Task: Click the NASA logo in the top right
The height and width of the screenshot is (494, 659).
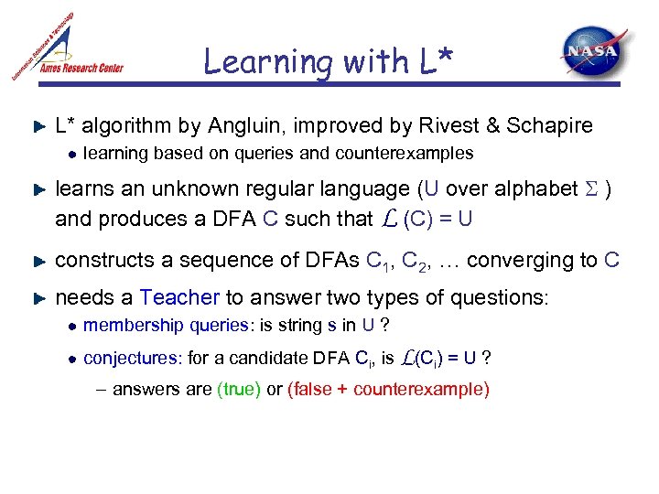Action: (594, 52)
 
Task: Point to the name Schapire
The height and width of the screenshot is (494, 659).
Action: (551, 125)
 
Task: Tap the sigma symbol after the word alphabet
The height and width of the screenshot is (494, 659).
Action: (590, 189)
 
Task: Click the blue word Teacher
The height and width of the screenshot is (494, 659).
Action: (179, 297)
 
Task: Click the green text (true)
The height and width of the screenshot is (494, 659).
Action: (239, 389)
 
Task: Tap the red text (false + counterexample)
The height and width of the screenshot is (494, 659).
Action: (388, 389)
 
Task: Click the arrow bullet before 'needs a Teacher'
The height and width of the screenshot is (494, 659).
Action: (38, 298)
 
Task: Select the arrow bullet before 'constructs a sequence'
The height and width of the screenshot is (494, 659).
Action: (38, 262)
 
